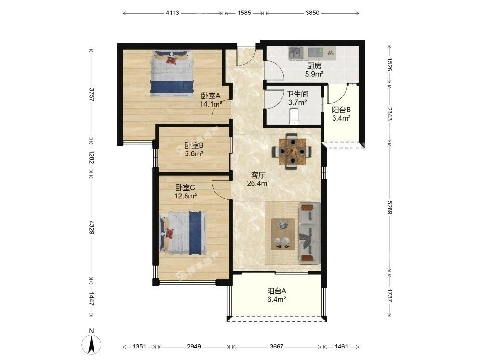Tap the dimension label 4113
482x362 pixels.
(x=172, y=13)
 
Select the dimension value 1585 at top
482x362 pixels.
(x=244, y=13)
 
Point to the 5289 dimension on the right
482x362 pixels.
(x=389, y=208)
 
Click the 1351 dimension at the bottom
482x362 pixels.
(x=139, y=347)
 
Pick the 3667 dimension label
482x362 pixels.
(x=276, y=347)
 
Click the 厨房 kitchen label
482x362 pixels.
(x=314, y=66)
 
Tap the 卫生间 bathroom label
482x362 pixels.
(x=297, y=94)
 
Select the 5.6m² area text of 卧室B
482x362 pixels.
(x=194, y=153)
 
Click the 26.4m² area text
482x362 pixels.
(x=258, y=183)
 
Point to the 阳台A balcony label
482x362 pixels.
(x=277, y=291)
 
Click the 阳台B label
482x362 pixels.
(x=341, y=110)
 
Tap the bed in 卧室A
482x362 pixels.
(x=172, y=74)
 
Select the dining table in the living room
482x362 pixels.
(x=292, y=151)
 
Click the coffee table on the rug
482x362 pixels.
(x=283, y=234)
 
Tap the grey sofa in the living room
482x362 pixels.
(x=309, y=233)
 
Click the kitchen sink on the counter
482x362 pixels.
(x=296, y=53)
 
